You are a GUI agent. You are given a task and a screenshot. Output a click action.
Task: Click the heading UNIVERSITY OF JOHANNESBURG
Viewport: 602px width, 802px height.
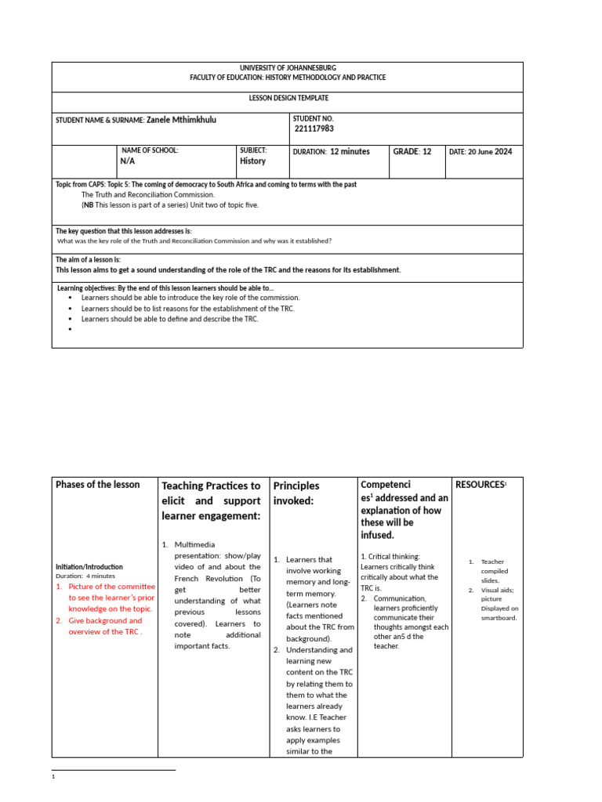[288, 69]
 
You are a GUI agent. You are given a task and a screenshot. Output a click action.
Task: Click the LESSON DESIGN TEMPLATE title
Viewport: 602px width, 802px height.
[288, 98]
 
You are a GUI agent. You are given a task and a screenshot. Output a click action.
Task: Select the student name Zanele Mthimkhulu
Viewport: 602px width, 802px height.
[182, 120]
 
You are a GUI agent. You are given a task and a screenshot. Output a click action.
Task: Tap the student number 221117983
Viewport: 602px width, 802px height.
[319, 129]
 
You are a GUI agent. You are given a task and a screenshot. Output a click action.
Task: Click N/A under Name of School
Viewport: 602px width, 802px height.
[128, 161]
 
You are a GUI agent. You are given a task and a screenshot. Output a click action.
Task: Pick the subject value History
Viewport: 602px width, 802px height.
[252, 161]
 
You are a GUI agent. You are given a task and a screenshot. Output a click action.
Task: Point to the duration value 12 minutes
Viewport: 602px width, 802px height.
[350, 151]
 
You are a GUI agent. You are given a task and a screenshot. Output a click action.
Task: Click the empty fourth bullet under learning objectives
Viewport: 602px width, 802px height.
[71, 330]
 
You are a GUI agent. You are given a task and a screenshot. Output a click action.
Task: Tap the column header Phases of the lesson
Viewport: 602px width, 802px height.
[98, 485]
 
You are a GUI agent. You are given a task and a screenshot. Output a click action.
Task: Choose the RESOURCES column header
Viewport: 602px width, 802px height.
[480, 485]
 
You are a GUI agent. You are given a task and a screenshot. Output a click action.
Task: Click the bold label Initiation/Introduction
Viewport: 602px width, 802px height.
[89, 566]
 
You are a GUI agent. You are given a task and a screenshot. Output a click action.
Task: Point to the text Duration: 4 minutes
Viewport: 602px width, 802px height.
[85, 576]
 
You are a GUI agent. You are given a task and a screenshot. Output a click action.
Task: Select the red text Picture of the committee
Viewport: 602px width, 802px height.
[112, 586]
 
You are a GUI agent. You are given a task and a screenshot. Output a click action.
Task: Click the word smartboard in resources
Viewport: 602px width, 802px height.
[499, 618]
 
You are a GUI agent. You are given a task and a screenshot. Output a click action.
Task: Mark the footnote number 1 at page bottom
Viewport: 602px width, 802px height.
[53, 777]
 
